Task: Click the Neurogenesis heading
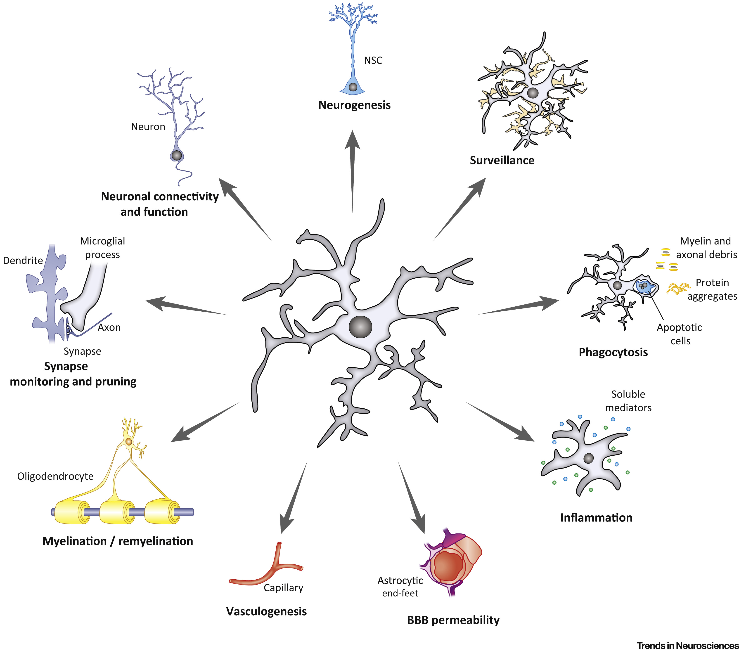click(354, 105)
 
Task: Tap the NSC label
click(373, 60)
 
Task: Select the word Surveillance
click(502, 160)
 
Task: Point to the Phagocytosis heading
click(613, 352)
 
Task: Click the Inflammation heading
click(596, 517)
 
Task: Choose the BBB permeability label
click(453, 620)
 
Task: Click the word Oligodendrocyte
click(55, 476)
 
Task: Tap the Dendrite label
click(23, 260)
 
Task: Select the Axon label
click(109, 328)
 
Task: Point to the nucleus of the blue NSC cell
click(353, 87)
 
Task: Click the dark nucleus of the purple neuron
click(176, 156)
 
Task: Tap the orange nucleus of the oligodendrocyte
click(129, 441)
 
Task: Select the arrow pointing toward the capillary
click(293, 499)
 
